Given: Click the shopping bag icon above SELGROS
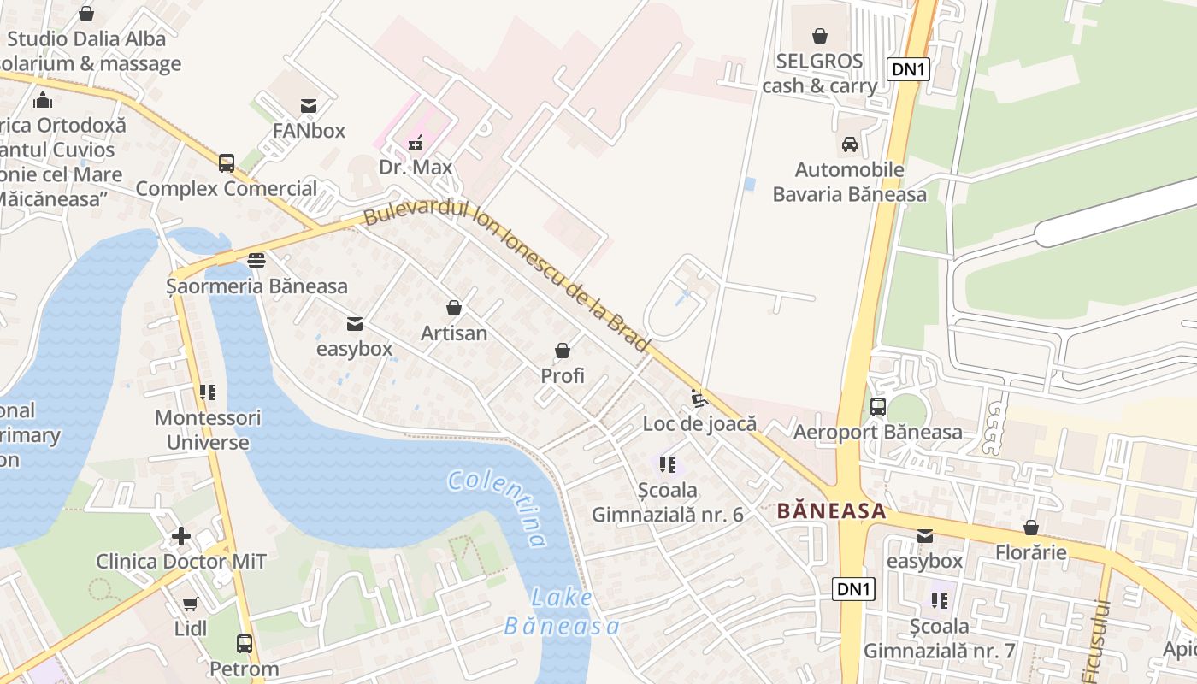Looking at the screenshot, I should point(819,36).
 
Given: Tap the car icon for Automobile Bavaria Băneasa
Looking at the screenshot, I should point(849,144).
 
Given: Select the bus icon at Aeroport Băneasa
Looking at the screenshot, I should point(877,407).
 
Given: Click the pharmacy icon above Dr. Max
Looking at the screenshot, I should point(416,142).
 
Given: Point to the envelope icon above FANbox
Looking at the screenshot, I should point(309,106).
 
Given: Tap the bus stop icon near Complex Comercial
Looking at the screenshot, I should point(227,162).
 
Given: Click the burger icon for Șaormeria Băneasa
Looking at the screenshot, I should point(256,260).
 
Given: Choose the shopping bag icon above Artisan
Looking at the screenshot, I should point(454,308).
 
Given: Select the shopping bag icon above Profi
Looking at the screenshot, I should point(563,351).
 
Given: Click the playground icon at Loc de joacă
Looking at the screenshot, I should point(699,398).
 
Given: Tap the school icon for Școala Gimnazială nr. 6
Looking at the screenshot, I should point(668,465).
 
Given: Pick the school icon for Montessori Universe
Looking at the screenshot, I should point(208,392).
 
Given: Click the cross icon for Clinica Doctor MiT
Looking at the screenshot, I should point(181,536).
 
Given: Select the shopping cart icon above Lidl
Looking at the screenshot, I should point(190,604).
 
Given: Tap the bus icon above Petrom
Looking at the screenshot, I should point(245,643).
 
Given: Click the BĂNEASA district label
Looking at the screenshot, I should point(831,511).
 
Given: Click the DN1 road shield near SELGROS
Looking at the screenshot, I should point(908,69).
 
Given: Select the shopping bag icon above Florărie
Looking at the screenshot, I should point(1031,528).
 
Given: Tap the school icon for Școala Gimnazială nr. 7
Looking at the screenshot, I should point(940,601).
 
